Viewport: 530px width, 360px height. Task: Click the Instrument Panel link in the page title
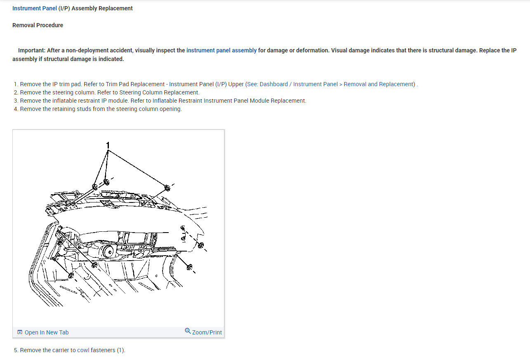click(35, 8)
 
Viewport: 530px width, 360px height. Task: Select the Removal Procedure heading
click(38, 25)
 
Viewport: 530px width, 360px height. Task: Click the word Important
click(31, 50)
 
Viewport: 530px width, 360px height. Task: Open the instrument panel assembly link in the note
click(221, 50)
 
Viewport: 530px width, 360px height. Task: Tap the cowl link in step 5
click(83, 350)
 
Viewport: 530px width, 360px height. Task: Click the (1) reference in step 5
click(120, 350)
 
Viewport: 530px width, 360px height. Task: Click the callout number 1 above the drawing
click(108, 145)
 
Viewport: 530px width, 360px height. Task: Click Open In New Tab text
click(47, 332)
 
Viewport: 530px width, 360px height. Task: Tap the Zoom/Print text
click(207, 332)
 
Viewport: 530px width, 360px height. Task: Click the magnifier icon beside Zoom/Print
click(188, 331)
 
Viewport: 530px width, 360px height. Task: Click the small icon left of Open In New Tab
click(20, 332)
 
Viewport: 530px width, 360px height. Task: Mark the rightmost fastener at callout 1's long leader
click(167, 188)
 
